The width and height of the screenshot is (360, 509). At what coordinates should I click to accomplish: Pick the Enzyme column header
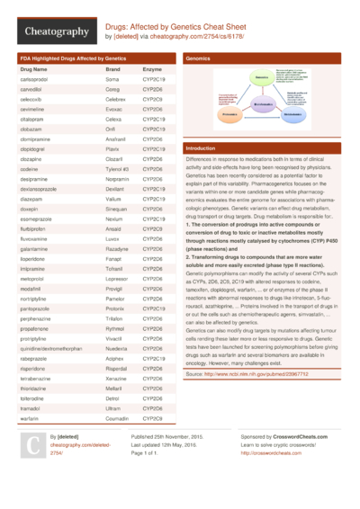pos(152,68)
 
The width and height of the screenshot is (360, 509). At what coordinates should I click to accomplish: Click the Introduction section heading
pos(200,147)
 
